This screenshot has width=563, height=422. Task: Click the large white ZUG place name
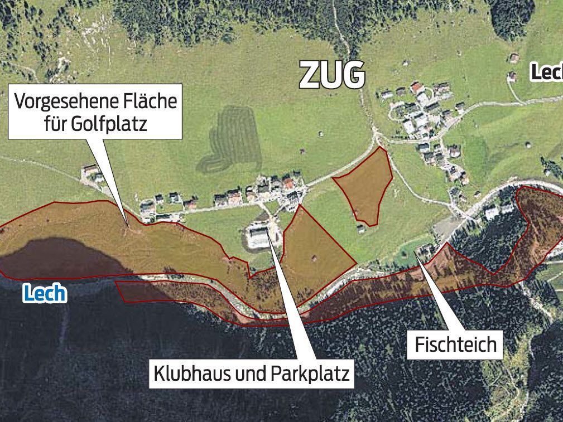point(333,75)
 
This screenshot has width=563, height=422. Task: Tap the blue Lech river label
point(45,293)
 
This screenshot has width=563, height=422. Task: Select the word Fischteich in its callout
point(455,344)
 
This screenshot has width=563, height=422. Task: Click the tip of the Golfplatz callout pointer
point(127,226)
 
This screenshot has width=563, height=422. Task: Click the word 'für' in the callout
point(56,123)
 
